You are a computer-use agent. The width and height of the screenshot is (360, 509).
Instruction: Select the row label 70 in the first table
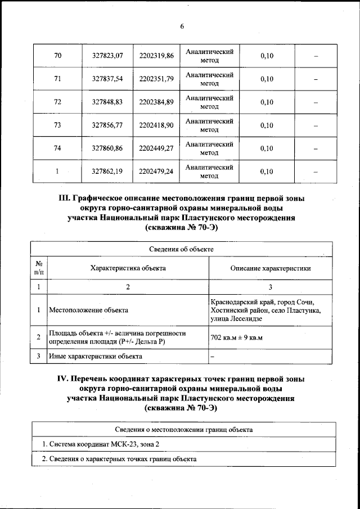tap(57, 55)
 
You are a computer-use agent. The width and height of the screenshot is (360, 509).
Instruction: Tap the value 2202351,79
tap(156, 79)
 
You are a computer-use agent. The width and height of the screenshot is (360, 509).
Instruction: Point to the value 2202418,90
tap(156, 125)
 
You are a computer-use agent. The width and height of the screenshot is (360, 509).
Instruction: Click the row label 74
tap(57, 148)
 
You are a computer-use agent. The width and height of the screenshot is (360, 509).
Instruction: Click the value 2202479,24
tap(156, 172)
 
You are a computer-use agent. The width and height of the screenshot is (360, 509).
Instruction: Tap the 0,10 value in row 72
tap(267, 102)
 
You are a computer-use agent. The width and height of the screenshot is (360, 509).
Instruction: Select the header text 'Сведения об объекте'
tap(181, 249)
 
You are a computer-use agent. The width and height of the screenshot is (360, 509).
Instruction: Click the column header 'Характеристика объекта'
tap(128, 268)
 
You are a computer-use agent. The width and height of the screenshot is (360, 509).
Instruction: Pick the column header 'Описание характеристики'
tap(271, 268)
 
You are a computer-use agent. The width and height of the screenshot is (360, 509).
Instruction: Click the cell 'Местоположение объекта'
tap(88, 310)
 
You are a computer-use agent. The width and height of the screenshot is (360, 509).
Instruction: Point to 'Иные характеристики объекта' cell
tap(95, 356)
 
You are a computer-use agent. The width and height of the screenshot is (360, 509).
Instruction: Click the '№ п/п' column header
tap(39, 268)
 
